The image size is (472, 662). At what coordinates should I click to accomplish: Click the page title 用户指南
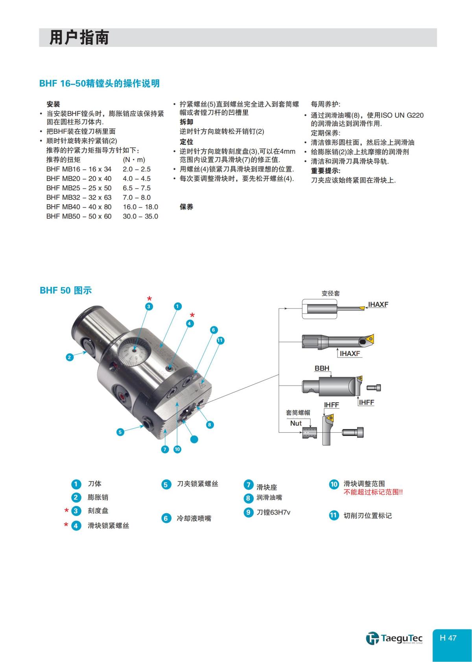pyautogui.click(x=79, y=38)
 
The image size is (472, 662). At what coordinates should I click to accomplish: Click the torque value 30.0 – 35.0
pyautogui.click(x=140, y=216)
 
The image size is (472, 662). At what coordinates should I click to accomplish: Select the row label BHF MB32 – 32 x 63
pyautogui.click(x=79, y=197)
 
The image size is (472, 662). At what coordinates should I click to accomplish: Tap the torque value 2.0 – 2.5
pyautogui.click(x=136, y=169)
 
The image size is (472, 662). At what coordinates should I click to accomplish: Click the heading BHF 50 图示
pyautogui.click(x=66, y=291)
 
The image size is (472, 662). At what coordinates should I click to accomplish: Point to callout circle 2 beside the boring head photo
pyautogui.click(x=70, y=357)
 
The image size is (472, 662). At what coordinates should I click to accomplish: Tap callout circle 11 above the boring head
pyautogui.click(x=220, y=341)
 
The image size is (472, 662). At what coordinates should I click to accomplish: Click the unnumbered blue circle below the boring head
pyautogui.click(x=194, y=440)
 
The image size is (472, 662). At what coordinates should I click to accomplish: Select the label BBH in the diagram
pyautogui.click(x=322, y=369)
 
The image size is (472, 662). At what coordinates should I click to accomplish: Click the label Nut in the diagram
pyautogui.click(x=296, y=423)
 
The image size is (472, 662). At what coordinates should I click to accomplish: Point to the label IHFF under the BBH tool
pyautogui.click(x=366, y=402)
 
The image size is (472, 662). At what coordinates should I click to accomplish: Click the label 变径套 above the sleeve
pyautogui.click(x=330, y=293)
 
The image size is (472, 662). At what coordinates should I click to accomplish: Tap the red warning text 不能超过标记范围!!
pyautogui.click(x=373, y=492)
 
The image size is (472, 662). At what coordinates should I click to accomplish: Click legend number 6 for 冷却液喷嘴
pyautogui.click(x=166, y=518)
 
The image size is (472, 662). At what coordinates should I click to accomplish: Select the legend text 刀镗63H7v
pyautogui.click(x=273, y=513)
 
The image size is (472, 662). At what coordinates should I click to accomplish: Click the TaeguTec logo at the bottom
pyautogui.click(x=394, y=638)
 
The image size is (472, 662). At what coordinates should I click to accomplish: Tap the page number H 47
pyautogui.click(x=448, y=638)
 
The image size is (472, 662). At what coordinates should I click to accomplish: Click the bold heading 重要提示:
pyautogui.click(x=326, y=171)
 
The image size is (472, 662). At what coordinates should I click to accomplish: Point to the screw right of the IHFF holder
pyautogui.click(x=353, y=432)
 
